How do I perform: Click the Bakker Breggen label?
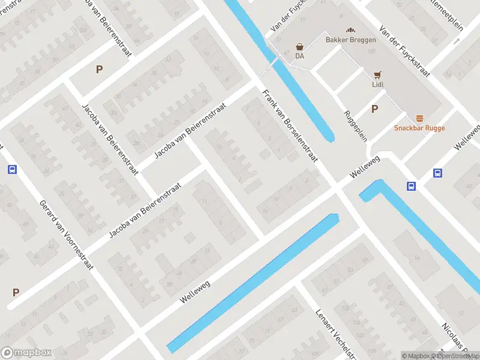pyautogui.click(x=350, y=40)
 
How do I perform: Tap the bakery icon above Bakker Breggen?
pyautogui.click(x=350, y=29)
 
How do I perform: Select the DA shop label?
pyautogui.click(x=299, y=56)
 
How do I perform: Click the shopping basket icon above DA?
pyautogui.click(x=299, y=46)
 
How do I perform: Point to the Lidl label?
pyautogui.click(x=377, y=85)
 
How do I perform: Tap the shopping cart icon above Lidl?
pyautogui.click(x=377, y=75)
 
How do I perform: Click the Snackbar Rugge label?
pyautogui.click(x=419, y=128)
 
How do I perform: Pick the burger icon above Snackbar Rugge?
pyautogui.click(x=419, y=118)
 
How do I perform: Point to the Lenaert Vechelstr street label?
pyautogui.click(x=329, y=331)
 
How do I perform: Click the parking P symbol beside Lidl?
pyautogui.click(x=375, y=109)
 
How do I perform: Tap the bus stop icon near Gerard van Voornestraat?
pyautogui.click(x=12, y=169)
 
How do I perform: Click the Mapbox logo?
pyautogui.click(x=26, y=352)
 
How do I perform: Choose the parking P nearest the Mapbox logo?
pyautogui.click(x=16, y=293)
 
